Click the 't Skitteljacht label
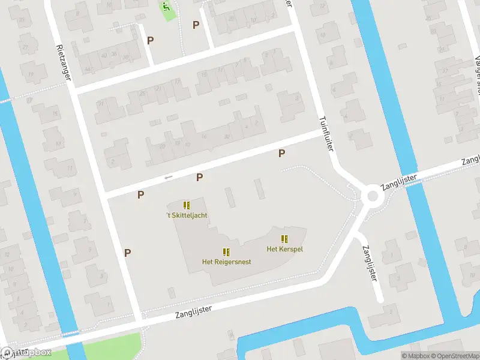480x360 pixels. point(187,215)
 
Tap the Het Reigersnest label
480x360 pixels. point(226,262)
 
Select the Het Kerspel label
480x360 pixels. point(284,248)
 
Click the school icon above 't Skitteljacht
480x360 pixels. point(187,205)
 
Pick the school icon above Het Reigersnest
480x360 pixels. point(226,252)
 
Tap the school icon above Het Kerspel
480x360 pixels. point(284,239)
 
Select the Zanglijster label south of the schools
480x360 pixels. point(194,311)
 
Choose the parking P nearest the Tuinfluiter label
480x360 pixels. point(281,154)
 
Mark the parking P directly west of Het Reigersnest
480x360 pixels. point(127,253)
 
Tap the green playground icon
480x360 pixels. point(166,8)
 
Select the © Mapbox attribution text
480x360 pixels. point(416,356)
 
